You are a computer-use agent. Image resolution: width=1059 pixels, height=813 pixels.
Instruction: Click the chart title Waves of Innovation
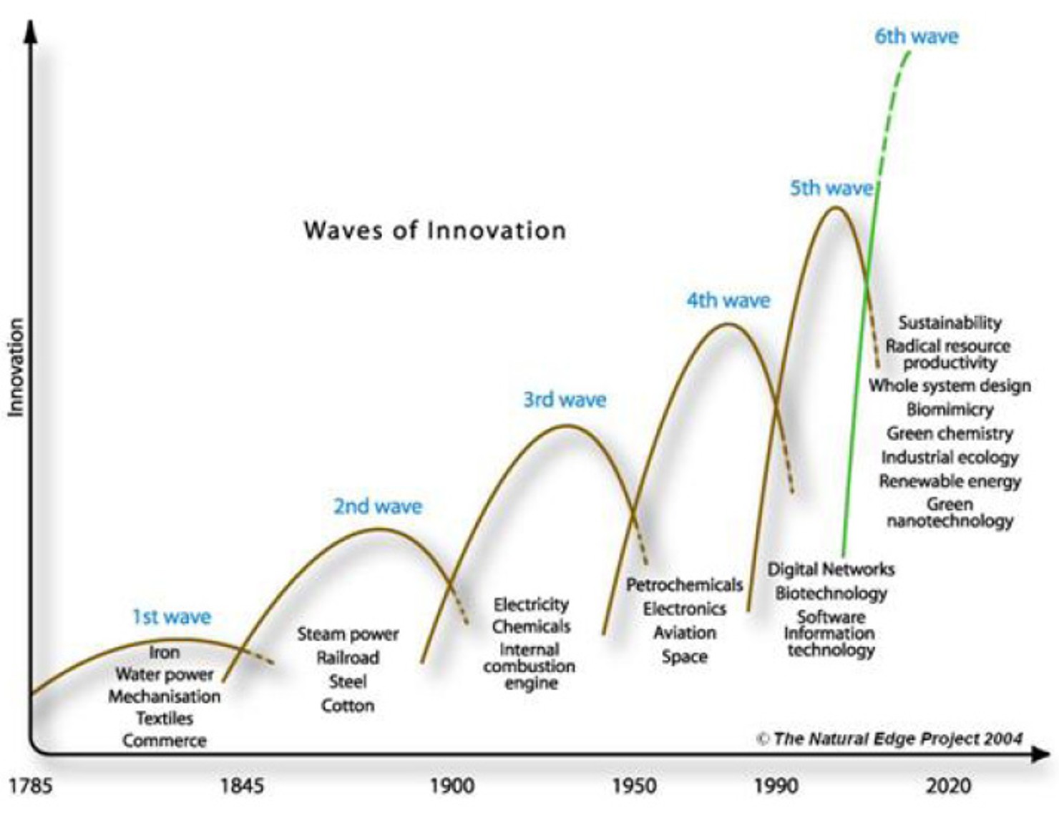coord(434,230)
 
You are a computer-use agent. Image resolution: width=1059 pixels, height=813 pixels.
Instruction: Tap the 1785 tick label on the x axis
coord(31,786)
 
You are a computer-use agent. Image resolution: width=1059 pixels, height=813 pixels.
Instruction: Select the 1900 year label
coord(452,786)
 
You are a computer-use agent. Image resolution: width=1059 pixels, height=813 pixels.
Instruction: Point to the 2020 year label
coord(949,786)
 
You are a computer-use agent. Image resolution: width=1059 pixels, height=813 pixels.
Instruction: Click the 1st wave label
coord(172,616)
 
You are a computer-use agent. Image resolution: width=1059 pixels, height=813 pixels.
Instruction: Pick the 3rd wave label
coord(565,399)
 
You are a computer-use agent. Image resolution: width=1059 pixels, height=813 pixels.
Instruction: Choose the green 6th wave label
coord(916,36)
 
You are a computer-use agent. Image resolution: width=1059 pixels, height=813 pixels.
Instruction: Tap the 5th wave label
coord(831,188)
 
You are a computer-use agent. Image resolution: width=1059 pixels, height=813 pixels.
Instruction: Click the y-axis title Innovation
coord(15,367)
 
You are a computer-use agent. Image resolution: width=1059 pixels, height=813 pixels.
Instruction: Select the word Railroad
coord(348,657)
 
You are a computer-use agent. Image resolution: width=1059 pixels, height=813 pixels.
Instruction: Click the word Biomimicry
coord(950,409)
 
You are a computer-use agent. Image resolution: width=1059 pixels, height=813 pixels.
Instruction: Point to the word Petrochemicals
coord(684,585)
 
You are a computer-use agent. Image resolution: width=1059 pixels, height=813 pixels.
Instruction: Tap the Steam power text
coord(348,634)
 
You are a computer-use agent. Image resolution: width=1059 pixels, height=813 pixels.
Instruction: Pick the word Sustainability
coord(950,322)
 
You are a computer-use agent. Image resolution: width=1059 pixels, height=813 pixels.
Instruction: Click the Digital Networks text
coord(831,569)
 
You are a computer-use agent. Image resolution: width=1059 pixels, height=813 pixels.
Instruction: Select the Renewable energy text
coord(950,481)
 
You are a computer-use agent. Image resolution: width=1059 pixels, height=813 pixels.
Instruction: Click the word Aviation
coord(684,633)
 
